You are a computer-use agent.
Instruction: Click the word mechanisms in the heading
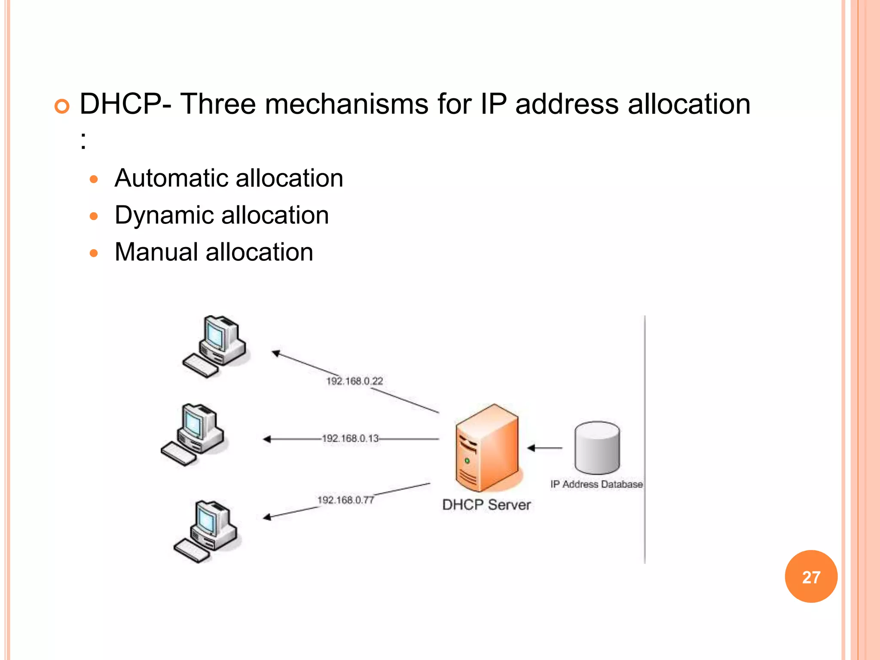point(346,104)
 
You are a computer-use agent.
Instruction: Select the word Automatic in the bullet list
point(170,178)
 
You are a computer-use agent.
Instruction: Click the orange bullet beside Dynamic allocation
point(94,216)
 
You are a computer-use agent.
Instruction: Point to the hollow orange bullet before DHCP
point(62,106)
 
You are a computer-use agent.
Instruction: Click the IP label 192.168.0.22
point(354,381)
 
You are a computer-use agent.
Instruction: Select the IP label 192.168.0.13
point(350,438)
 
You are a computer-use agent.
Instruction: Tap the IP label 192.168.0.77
point(345,500)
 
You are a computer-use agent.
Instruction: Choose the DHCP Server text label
point(486,504)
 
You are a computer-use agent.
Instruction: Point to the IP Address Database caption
point(596,484)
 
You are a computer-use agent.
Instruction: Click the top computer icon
point(214,346)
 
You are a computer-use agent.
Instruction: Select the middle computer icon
point(193,434)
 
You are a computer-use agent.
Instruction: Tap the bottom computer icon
point(206,531)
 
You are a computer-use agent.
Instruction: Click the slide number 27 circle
point(811,577)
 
